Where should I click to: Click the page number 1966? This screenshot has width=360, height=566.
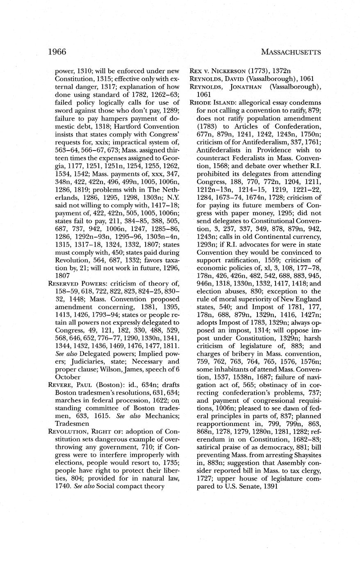[57, 52]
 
